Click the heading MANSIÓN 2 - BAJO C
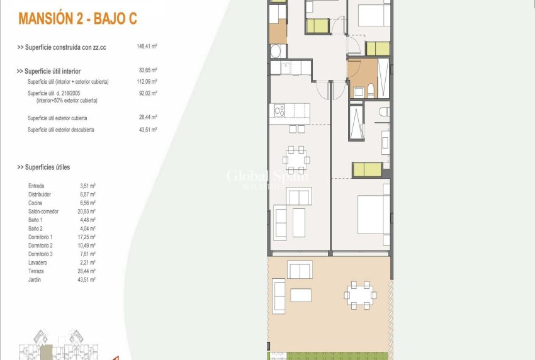pos(78,19)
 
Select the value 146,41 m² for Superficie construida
pos(146,47)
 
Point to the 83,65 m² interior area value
pos(147,71)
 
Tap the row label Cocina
pos(36,203)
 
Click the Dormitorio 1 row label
pos(41,237)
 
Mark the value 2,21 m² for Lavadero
pos(87,262)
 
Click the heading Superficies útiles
pos(43,167)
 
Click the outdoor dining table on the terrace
pos(359,293)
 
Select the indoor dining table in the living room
pos(296,159)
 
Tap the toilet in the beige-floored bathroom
pos(371,90)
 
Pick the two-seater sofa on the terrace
pos(300,270)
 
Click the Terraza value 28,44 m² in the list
pos(87,271)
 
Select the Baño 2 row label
pos(35,228)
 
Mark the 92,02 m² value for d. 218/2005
pos(147,93)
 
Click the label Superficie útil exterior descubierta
pos(61,130)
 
